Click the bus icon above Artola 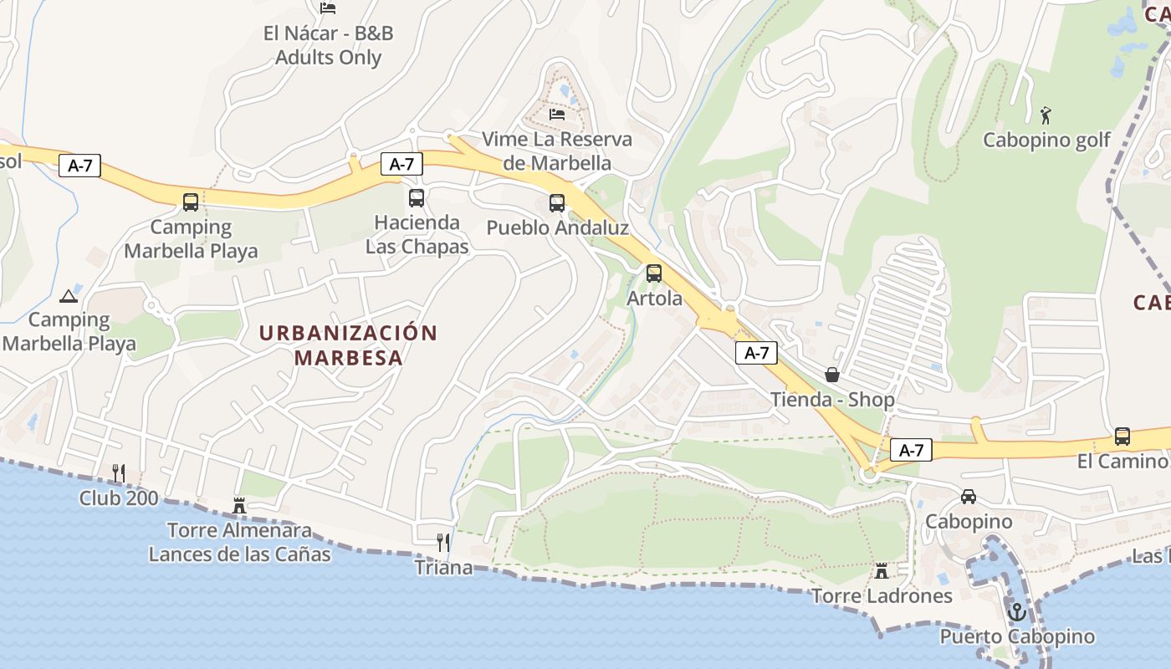(654, 273)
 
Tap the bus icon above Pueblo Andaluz (557, 202)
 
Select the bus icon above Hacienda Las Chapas (417, 198)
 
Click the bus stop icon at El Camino (1122, 437)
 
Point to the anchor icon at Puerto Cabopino (1016, 612)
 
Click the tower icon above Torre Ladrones (882, 571)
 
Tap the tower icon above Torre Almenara (239, 505)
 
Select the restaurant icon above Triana (443, 543)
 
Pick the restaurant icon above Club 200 (119, 473)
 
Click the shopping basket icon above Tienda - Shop (832, 375)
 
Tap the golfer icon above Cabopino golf (1046, 115)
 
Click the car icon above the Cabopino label (969, 496)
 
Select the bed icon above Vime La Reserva (557, 114)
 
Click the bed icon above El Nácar (328, 8)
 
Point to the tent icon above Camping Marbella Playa (69, 295)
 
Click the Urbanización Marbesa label (348, 345)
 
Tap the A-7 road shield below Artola (756, 353)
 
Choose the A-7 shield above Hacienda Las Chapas (401, 164)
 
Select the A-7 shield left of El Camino (911, 450)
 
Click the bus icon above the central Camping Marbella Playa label (191, 202)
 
